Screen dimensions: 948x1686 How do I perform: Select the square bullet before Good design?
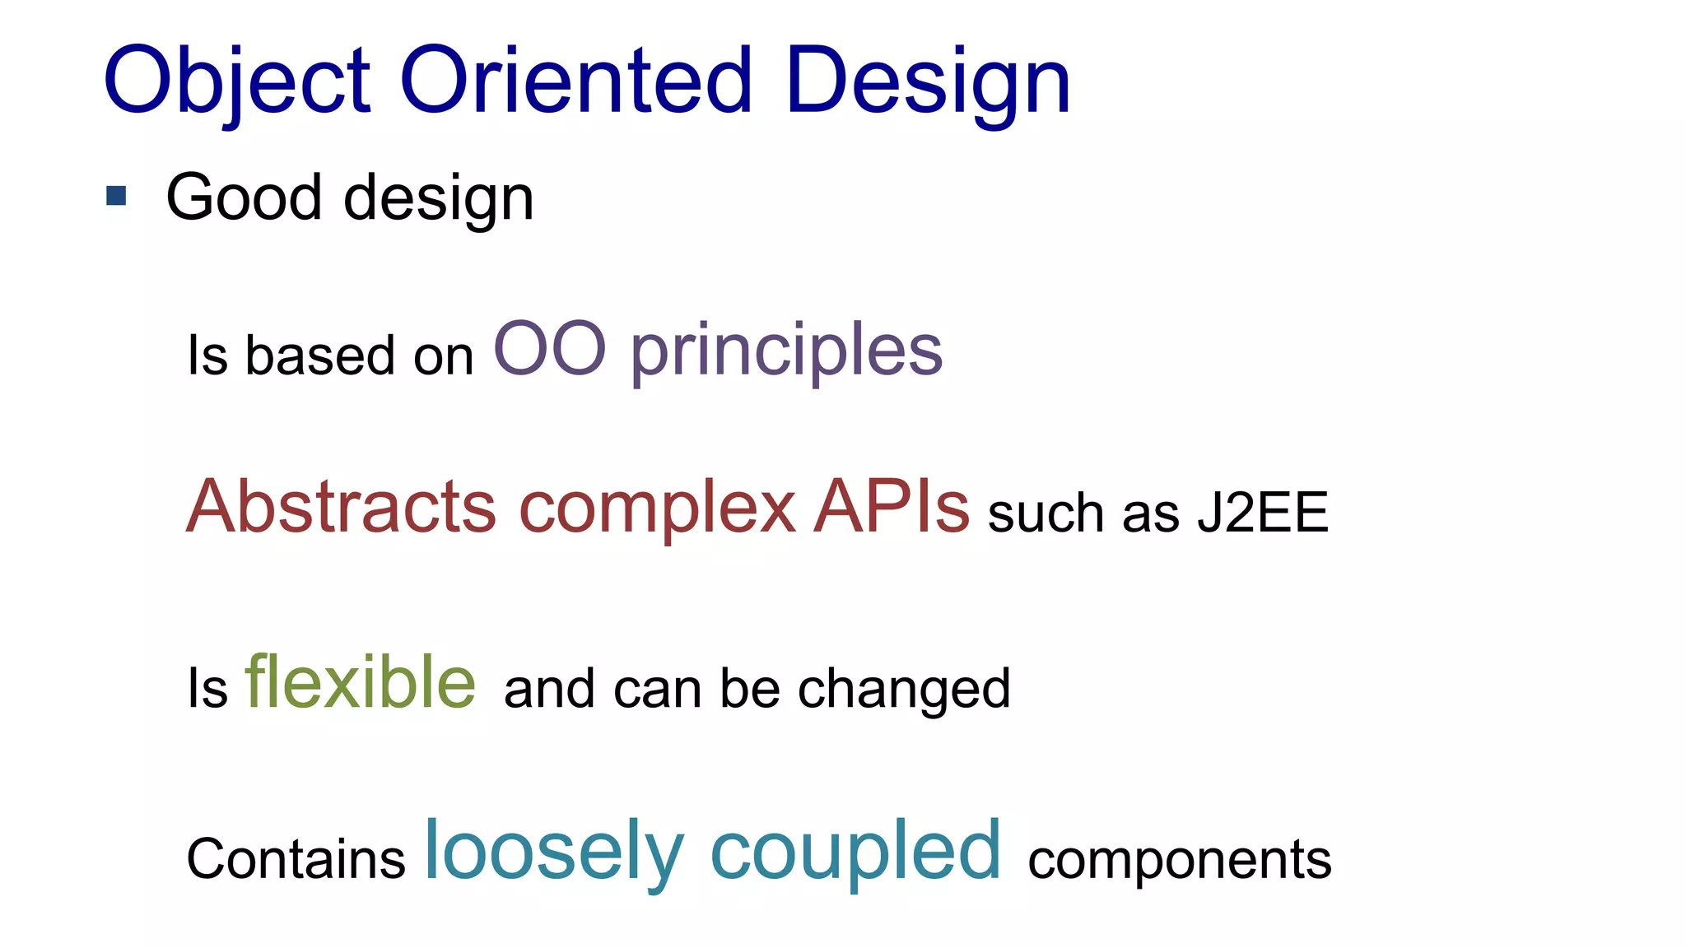point(116,196)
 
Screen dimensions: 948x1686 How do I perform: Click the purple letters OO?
point(550,349)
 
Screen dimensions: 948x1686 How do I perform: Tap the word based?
point(320,355)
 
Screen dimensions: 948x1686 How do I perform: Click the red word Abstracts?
point(341,506)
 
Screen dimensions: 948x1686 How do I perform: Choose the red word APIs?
point(892,506)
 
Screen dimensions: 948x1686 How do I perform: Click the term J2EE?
point(1262,513)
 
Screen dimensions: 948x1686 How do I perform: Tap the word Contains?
point(296,859)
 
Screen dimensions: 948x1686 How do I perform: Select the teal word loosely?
point(553,852)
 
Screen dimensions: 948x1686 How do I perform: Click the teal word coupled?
point(855,852)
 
